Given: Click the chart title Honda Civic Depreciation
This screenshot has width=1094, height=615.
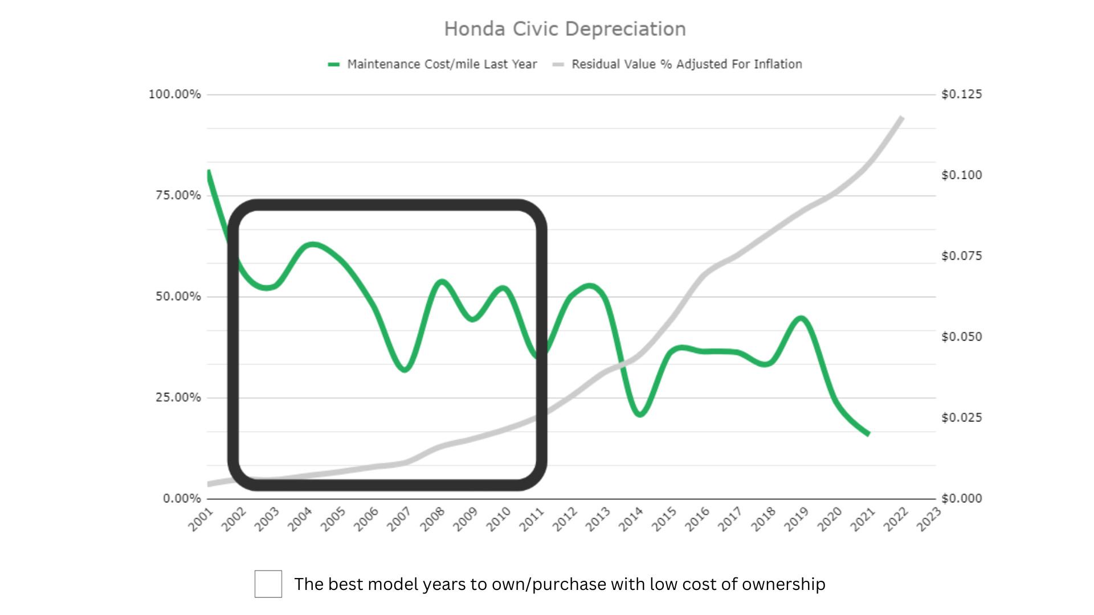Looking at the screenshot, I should (565, 29).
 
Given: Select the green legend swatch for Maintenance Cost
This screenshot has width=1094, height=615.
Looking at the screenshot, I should (334, 64).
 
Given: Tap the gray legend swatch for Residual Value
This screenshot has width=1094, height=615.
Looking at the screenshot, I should (558, 64).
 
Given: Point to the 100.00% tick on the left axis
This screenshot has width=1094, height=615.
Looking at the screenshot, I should (175, 95).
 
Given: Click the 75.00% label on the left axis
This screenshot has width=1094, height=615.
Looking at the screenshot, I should (178, 195).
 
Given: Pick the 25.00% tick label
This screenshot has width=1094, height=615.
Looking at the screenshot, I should (178, 397).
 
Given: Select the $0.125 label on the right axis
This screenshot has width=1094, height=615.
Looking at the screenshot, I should (962, 95).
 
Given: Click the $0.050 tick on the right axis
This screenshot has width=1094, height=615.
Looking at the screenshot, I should (962, 337).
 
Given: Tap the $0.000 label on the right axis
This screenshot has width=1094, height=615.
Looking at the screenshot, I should (962, 499).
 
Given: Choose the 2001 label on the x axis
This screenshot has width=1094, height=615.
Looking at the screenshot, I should (201, 519).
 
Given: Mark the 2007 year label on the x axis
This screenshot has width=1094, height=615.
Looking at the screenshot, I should (399, 519).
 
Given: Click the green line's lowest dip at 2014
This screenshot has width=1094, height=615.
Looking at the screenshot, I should (640, 414).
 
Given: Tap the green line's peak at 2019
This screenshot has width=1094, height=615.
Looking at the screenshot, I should (801, 318).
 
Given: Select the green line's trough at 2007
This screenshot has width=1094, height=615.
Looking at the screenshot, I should (405, 370).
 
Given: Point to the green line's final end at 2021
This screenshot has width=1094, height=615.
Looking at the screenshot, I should (868, 434).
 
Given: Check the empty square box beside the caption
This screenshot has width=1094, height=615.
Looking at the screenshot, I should (268, 584).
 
